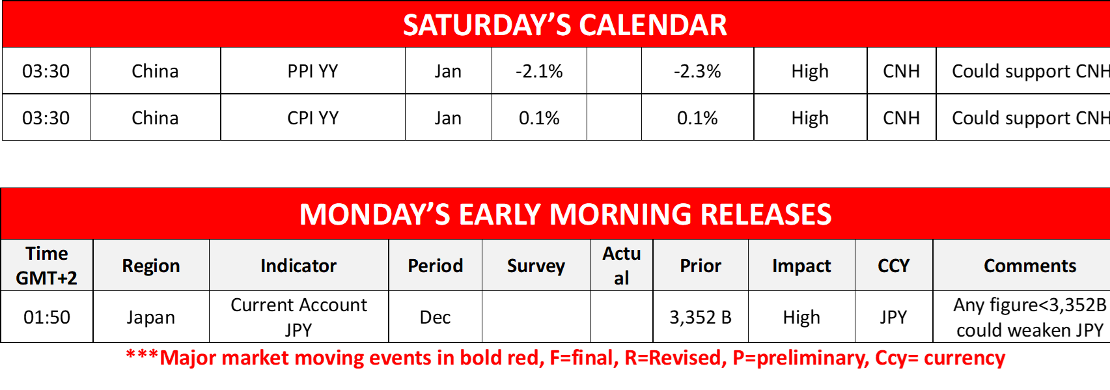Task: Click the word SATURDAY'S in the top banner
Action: click(x=487, y=25)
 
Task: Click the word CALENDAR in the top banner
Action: click(x=652, y=25)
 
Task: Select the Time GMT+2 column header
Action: click(x=47, y=266)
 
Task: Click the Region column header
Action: click(x=151, y=266)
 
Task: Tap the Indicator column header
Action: click(x=299, y=266)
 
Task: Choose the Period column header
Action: click(x=436, y=266)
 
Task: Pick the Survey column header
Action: click(x=536, y=266)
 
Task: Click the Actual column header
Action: click(x=622, y=266)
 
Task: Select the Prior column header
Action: click(x=701, y=266)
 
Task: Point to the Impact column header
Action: click(x=801, y=266)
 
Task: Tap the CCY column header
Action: click(x=894, y=266)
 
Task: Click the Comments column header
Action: click(x=1030, y=266)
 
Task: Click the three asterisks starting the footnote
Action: click(x=142, y=355)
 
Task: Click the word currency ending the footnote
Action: click(x=965, y=357)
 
